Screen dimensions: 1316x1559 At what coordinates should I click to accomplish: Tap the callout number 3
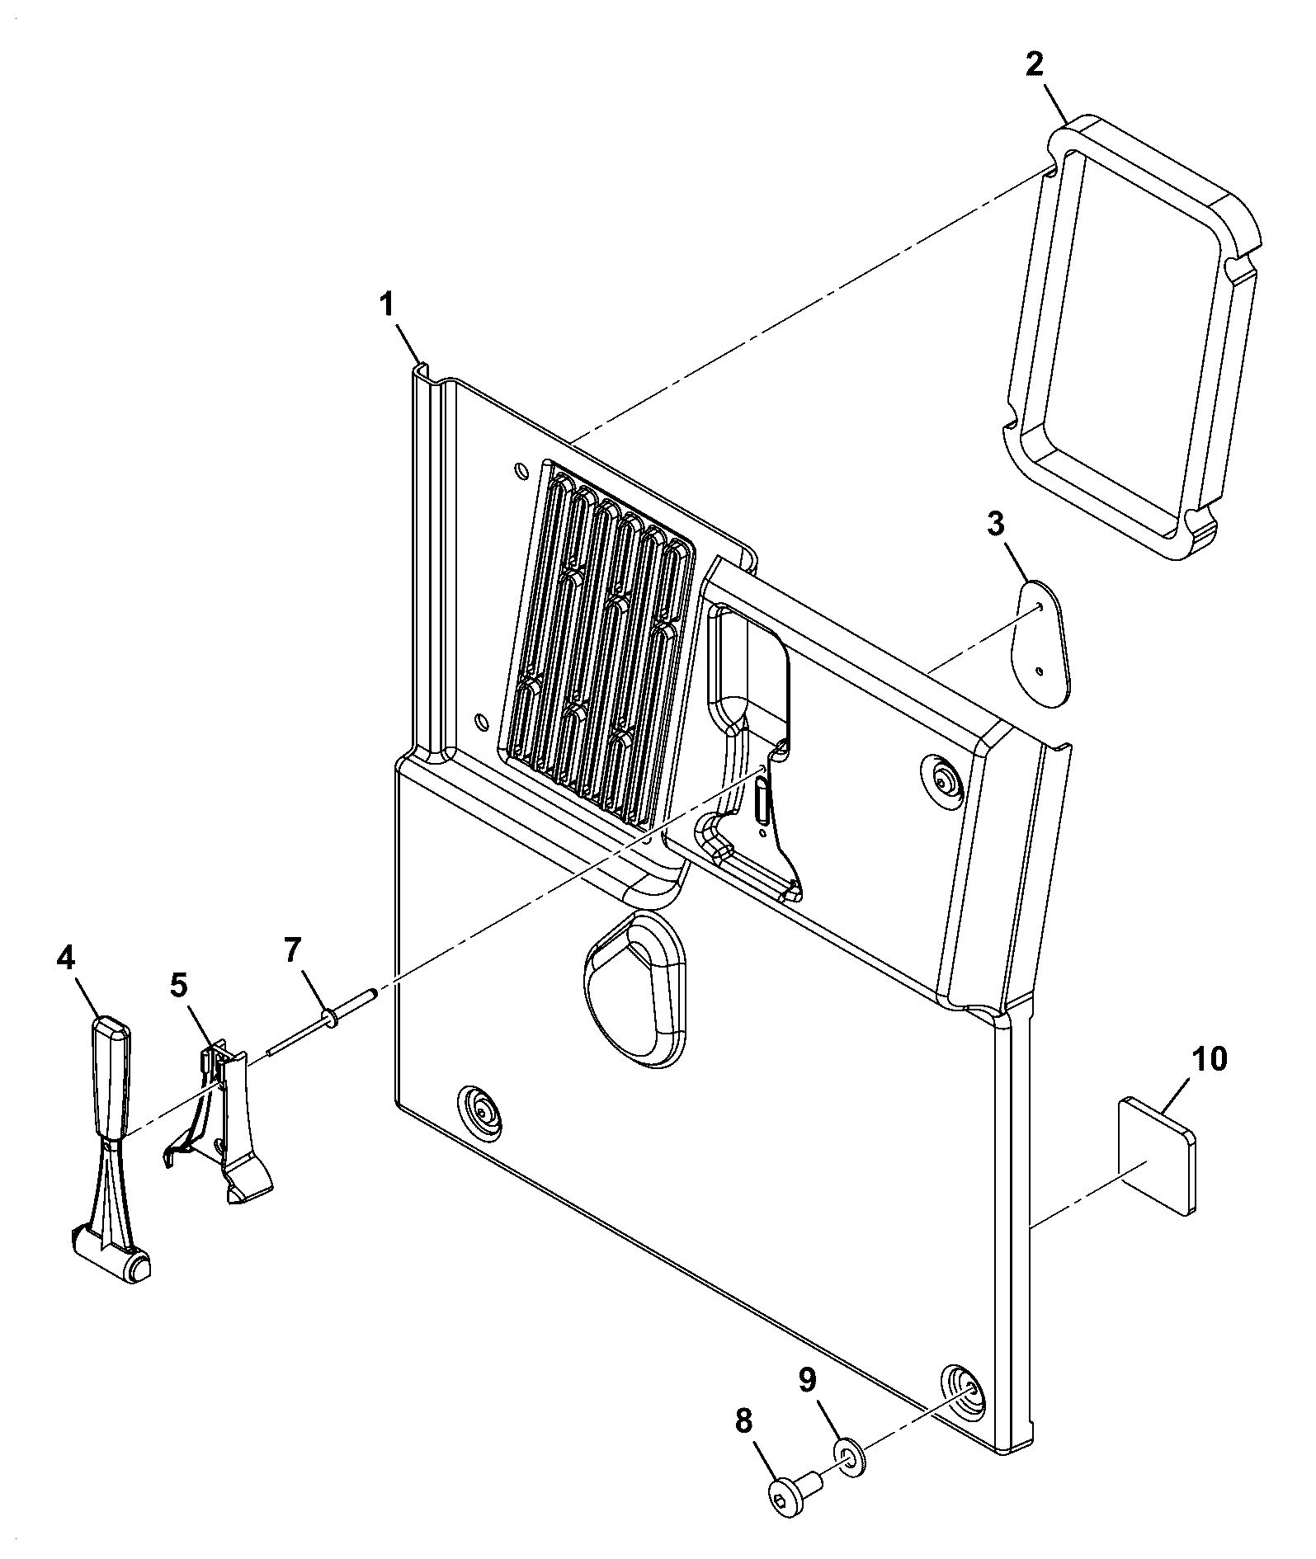[x=996, y=523]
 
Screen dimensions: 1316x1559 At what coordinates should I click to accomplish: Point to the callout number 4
[x=66, y=957]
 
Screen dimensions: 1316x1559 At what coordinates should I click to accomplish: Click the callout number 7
[x=294, y=951]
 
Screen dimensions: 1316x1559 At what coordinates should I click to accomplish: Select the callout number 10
[x=1209, y=1058]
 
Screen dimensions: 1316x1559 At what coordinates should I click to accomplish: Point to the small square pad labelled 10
[x=1158, y=1155]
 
